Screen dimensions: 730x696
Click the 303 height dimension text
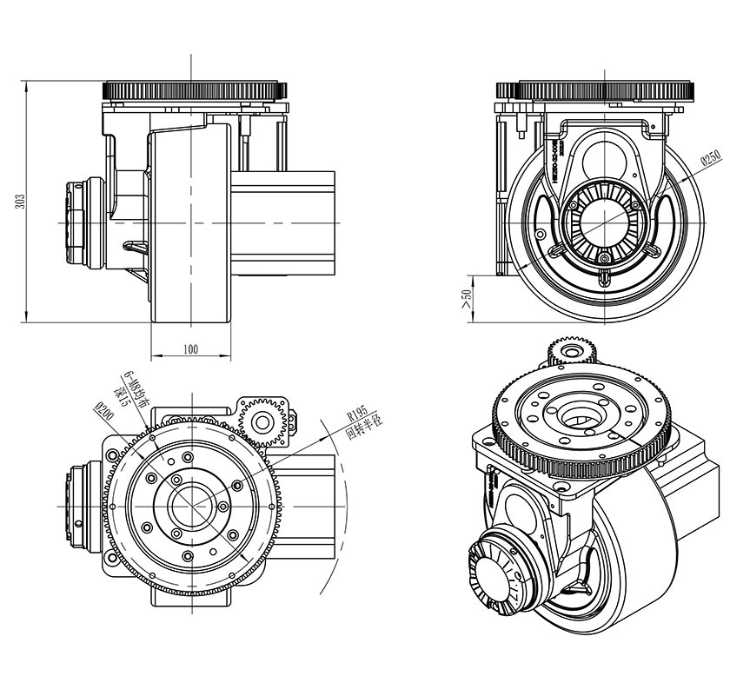click(x=19, y=202)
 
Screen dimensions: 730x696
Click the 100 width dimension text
click(x=191, y=349)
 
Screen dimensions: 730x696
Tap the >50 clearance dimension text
click(x=467, y=298)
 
